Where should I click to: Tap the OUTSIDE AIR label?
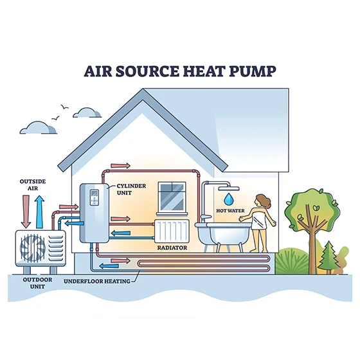click(33, 185)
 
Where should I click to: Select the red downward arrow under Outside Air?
click(26, 212)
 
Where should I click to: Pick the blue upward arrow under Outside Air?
click(39, 212)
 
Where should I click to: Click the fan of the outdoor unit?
click(33, 248)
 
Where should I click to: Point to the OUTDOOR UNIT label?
click(37, 283)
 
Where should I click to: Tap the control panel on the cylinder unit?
click(94, 197)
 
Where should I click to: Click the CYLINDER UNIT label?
click(131, 190)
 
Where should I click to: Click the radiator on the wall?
click(172, 231)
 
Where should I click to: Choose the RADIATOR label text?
click(172, 248)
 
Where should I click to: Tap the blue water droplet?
click(228, 199)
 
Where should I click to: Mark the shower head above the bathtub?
click(229, 188)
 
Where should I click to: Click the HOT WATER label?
click(230, 211)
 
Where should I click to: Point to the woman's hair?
click(264, 201)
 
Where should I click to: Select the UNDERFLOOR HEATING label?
click(97, 282)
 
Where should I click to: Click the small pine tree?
click(328, 257)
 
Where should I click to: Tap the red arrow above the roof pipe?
click(121, 166)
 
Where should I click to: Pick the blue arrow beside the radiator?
click(121, 233)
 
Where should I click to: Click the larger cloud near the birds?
click(38, 128)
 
